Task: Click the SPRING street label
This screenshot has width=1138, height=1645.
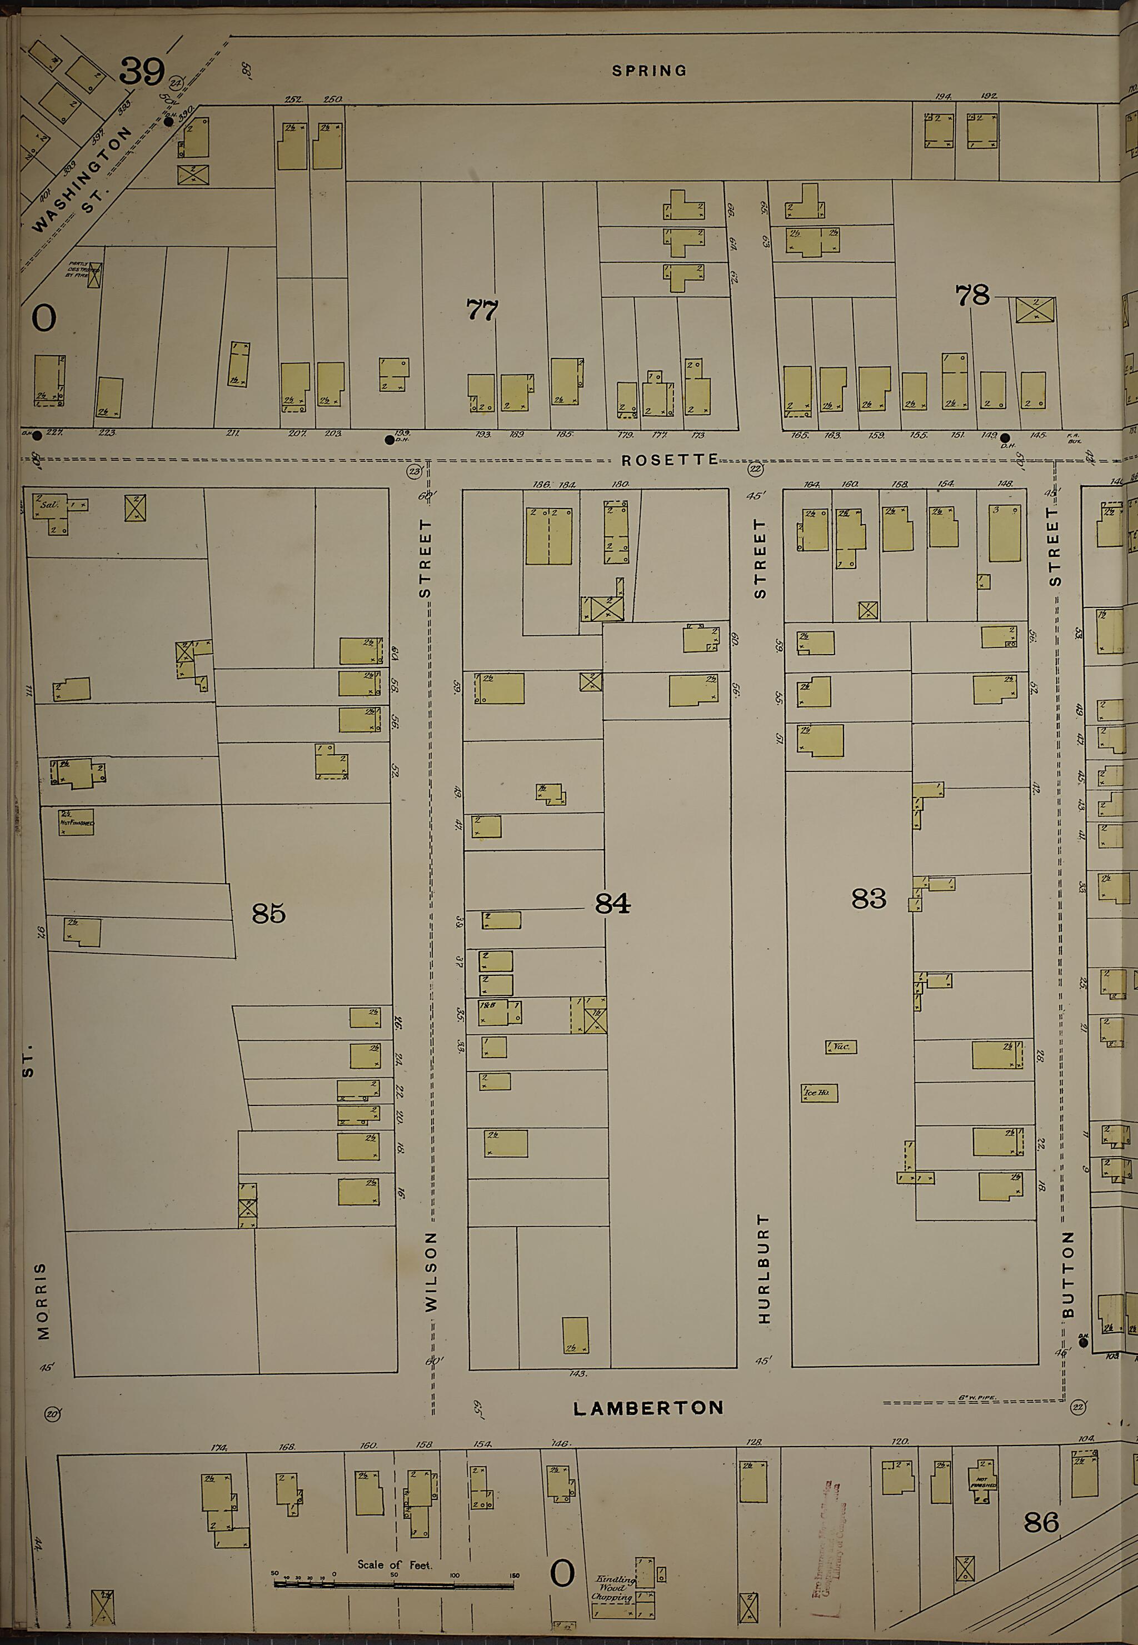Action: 649,71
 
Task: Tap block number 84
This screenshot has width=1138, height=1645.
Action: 612,904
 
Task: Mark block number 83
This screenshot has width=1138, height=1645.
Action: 869,899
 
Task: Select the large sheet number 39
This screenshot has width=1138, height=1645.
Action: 142,71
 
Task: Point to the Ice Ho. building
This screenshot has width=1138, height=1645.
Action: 819,1093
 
